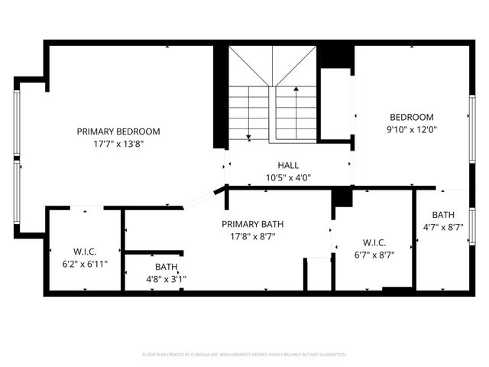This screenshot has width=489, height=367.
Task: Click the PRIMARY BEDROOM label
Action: coord(118,131)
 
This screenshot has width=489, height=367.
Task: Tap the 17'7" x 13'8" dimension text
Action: coord(118,143)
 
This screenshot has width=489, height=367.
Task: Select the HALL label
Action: coord(288,165)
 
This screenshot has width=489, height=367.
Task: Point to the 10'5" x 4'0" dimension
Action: coord(288,177)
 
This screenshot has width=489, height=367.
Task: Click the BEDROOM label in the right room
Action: coord(411,117)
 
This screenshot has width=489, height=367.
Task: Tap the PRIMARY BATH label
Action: coord(252,224)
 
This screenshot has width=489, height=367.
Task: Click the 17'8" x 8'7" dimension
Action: coord(252,236)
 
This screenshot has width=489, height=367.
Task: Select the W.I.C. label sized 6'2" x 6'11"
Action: coord(85,252)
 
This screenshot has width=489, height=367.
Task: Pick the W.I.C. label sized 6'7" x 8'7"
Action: coord(374,243)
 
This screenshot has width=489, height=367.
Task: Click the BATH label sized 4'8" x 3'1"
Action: coord(166,267)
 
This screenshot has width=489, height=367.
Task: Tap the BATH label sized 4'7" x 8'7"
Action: coord(443,215)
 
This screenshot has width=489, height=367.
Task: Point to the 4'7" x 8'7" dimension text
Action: coord(443,227)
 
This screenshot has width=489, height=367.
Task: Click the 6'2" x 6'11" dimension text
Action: coord(85,264)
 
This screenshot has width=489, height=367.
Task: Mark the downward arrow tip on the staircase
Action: coord(248,138)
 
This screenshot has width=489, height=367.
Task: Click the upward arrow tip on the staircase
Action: coord(297,89)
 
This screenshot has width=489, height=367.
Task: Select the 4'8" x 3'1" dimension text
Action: coord(166,279)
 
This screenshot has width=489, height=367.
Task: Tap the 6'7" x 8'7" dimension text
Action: coord(374,255)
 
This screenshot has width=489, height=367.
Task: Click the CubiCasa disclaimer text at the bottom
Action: coord(244,355)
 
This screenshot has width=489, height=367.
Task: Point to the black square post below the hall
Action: coord(342,197)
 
